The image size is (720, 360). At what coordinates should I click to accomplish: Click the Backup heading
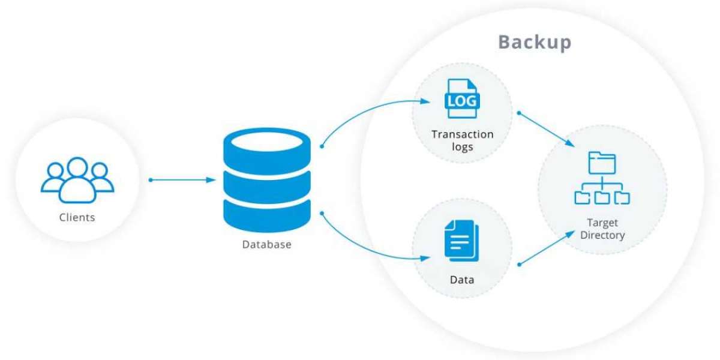click(535, 43)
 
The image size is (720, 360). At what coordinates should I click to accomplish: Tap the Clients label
click(77, 217)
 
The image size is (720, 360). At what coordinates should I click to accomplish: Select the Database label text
click(266, 244)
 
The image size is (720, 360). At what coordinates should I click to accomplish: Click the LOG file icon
click(461, 100)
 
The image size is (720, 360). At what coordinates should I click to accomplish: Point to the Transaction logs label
click(462, 140)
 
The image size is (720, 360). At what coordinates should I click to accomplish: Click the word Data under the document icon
click(461, 280)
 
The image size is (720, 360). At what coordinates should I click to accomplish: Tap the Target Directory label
click(602, 229)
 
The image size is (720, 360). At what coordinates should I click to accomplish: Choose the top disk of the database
click(266, 144)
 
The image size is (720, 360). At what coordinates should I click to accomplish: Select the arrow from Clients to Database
click(183, 180)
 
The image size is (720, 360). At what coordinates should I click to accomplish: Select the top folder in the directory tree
click(602, 162)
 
